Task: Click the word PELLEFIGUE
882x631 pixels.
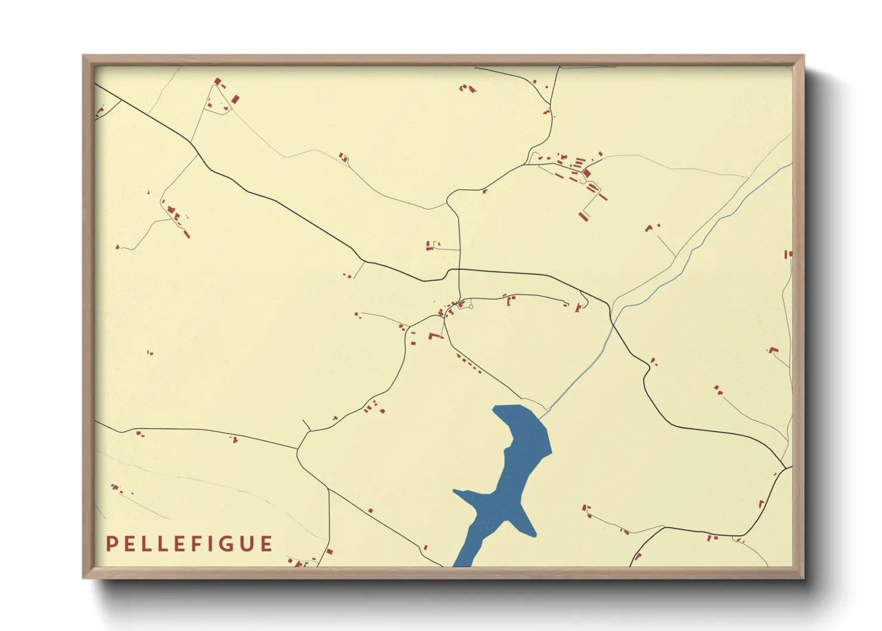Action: click(190, 544)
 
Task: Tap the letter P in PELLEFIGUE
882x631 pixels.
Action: click(110, 544)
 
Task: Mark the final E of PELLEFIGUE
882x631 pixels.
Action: click(266, 544)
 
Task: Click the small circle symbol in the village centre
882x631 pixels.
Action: click(471, 307)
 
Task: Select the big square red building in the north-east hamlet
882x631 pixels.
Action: click(586, 174)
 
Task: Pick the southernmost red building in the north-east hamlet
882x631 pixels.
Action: click(583, 216)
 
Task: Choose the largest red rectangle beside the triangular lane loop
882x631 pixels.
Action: click(235, 99)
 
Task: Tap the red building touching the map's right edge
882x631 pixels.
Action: click(788, 255)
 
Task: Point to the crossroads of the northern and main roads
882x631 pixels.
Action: click(459, 270)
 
